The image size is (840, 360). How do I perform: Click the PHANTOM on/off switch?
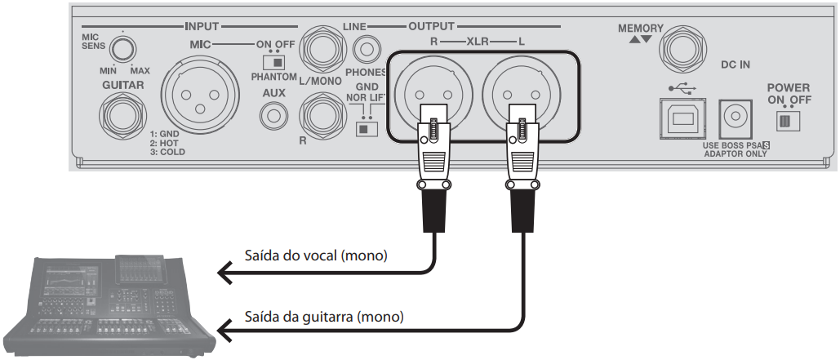coord(274,62)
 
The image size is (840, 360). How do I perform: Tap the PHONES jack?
coord(369,51)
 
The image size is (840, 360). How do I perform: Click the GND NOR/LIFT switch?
coord(367,127)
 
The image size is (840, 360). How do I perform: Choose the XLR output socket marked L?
coord(521,91)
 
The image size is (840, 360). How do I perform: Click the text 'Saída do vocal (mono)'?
coord(316,256)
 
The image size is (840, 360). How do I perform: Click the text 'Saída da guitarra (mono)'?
coord(325,316)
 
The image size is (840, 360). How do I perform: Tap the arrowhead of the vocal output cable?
coord(224,273)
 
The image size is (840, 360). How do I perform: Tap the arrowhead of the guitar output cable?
coord(224,331)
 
